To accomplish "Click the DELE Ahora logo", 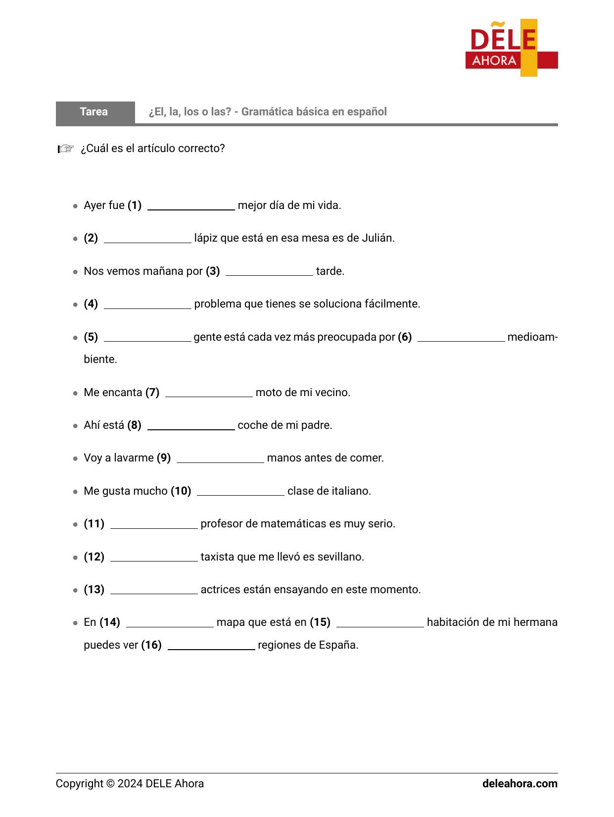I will pos(511,48).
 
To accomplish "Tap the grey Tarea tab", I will pos(94,112).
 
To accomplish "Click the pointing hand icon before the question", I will pos(66,149).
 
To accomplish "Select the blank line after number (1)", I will pos(191,207).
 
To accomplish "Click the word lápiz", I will pos(206,238).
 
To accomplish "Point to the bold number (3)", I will pos(213,271).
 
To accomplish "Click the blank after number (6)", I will pos(461,339).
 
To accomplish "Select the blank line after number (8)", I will pos(191,427).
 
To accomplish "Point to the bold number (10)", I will pos(181,491).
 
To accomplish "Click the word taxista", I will pos(217,557).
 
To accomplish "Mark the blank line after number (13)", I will pos(154,591).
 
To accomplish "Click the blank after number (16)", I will pos(211,647).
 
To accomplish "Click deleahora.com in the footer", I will pos(520,784).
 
